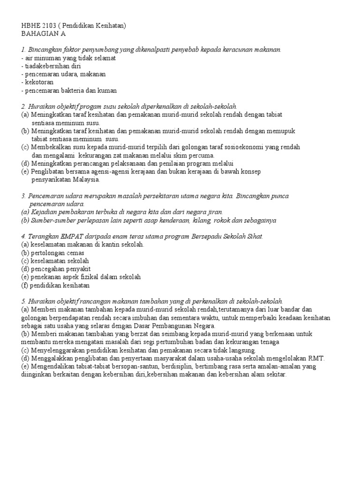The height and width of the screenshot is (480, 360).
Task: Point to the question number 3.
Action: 23,196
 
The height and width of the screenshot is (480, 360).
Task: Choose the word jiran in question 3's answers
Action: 214,212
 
